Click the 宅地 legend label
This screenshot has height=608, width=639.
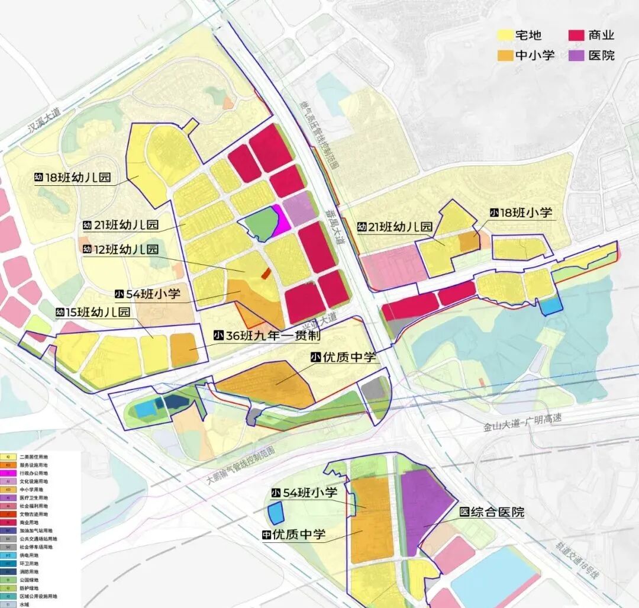(528, 35)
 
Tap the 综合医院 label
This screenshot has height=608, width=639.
(498, 512)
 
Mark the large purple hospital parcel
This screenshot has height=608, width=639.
(424, 503)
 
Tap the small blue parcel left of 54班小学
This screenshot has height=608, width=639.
(276, 513)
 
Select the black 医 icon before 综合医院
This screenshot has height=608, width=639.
(465, 512)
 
